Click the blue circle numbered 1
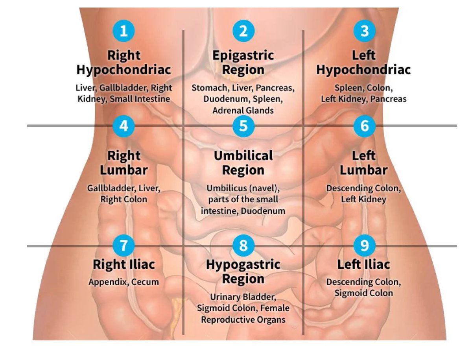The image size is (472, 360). point(124,31)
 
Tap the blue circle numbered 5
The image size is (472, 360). point(243,126)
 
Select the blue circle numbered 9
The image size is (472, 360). point(364,246)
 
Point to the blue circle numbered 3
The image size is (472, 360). point(364,31)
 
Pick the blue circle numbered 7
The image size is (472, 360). point(124,246)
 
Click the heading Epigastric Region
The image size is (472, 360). point(243,62)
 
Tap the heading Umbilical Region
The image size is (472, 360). point(243,163)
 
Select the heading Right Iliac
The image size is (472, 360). point(124,264)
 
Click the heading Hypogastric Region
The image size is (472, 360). point(243,271)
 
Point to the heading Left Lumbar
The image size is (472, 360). point(363,163)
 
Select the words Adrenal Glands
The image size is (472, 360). point(243,111)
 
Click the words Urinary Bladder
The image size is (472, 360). point(243,297)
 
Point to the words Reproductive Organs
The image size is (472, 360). point(243,319)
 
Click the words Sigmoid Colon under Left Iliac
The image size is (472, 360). point(363,293)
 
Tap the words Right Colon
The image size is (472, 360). point(124,199)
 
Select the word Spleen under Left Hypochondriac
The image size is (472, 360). point(347,88)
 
